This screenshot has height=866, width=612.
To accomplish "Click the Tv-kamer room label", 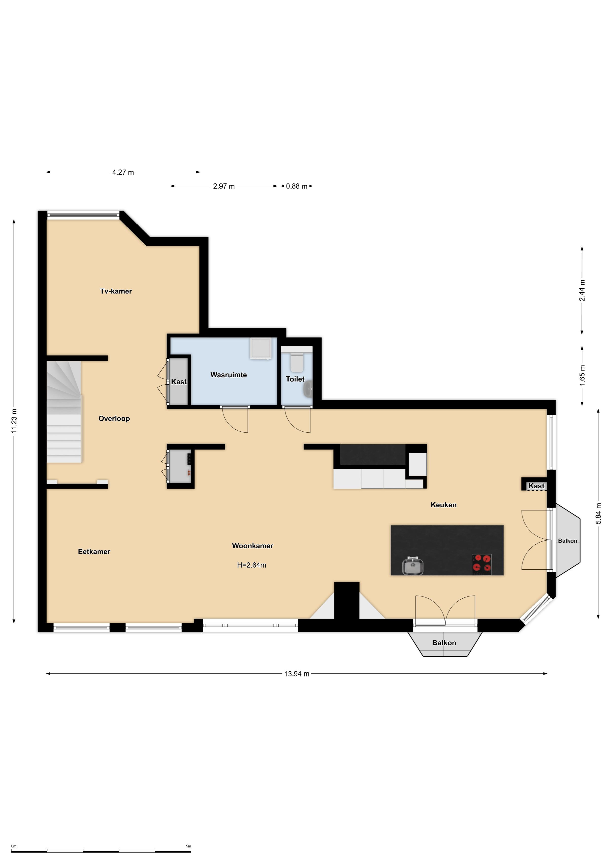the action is (x=116, y=291).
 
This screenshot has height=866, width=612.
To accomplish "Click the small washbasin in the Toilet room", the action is (x=308, y=389).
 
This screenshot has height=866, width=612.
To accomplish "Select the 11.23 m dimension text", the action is (x=14, y=421).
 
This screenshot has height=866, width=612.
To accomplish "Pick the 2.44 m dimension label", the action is (x=582, y=290).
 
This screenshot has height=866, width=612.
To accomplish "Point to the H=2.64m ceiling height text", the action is (x=251, y=565).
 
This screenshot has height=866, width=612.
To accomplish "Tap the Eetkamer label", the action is (x=94, y=552).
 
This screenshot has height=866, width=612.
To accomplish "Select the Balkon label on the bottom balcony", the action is (x=444, y=643).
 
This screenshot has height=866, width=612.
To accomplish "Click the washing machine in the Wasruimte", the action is (x=261, y=349).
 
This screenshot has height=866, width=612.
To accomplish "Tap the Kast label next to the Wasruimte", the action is (x=179, y=382).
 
